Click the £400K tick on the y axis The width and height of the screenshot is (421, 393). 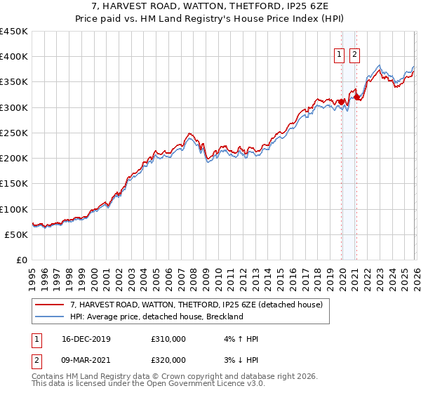tap(14, 57)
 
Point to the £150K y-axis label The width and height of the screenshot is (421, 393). tap(14, 184)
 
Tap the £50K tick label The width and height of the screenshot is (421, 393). tap(17, 234)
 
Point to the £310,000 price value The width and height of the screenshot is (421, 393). tap(168, 339)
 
